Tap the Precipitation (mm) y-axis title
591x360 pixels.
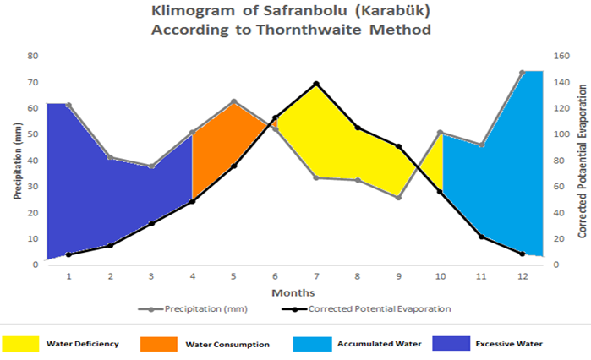[18, 161]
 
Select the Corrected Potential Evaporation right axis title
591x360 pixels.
[583, 161]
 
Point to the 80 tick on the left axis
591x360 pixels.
[33, 56]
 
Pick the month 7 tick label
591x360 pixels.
[315, 276]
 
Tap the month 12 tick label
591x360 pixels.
[522, 276]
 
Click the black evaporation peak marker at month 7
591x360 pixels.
[315, 84]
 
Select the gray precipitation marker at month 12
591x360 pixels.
[522, 73]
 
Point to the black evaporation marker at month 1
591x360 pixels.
[68, 254]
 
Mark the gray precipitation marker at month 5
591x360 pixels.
[233, 101]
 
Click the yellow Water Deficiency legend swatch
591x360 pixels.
[19, 344]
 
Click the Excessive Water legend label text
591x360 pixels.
[509, 344]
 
